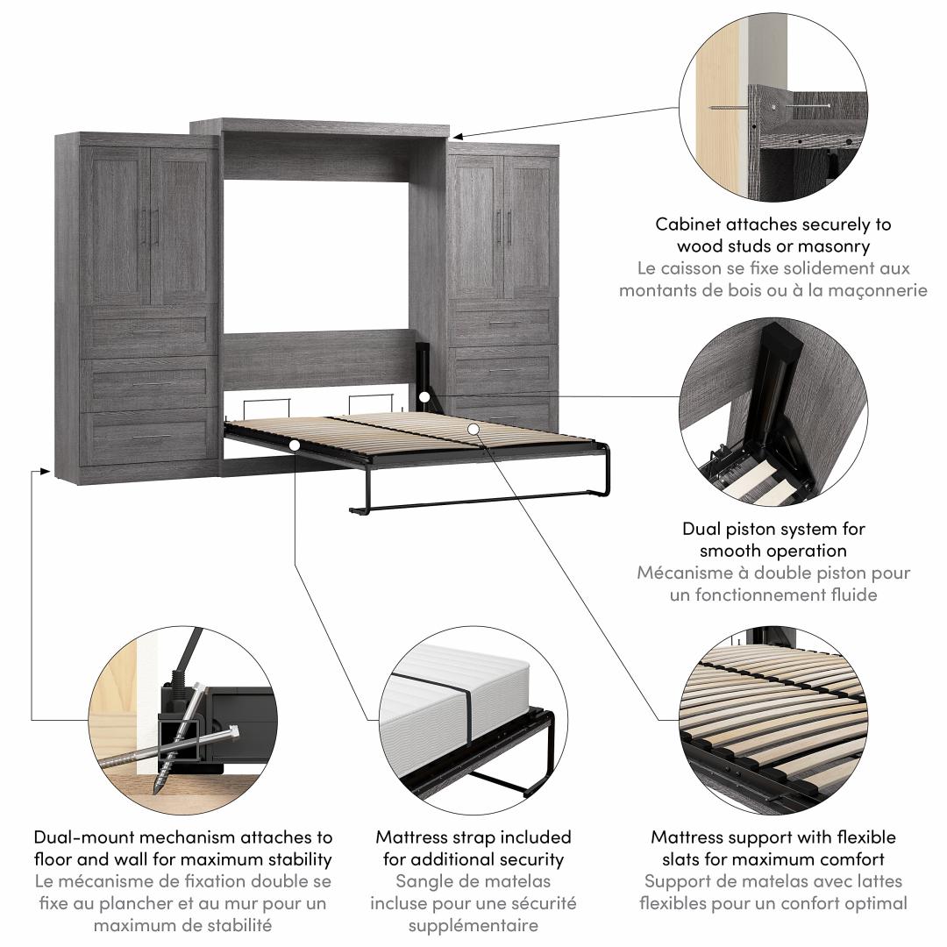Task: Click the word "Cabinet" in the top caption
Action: click(x=687, y=224)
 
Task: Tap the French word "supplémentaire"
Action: click(x=473, y=925)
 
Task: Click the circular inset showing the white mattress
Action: click(x=473, y=718)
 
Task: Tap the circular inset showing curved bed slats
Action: click(x=773, y=718)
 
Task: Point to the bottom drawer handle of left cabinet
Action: click(x=152, y=436)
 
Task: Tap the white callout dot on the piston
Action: click(x=424, y=397)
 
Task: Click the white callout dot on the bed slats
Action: click(x=473, y=429)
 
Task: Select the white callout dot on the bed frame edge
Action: click(x=295, y=445)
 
